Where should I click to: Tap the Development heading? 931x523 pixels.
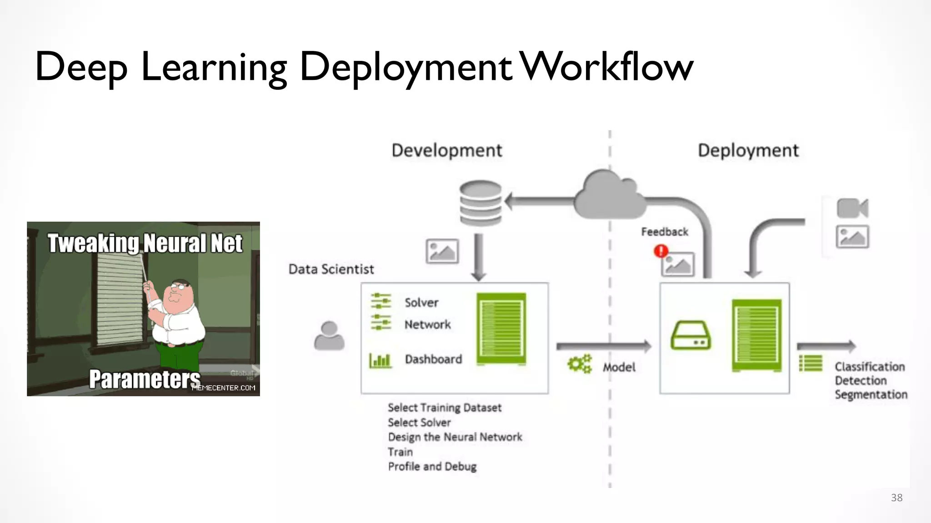click(446, 150)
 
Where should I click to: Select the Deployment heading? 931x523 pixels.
click(748, 150)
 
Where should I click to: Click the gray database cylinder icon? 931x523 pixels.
click(481, 203)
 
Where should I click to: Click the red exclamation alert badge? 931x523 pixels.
click(661, 251)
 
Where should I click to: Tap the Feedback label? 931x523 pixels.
click(664, 232)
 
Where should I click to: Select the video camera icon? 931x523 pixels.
click(852, 208)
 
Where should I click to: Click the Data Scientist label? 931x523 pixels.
click(331, 269)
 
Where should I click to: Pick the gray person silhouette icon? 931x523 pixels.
click(329, 336)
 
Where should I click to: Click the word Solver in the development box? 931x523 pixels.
click(421, 302)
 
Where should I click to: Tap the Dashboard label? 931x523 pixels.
click(433, 359)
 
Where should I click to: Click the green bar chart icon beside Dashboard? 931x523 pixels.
click(380, 360)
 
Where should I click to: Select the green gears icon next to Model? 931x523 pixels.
click(580, 364)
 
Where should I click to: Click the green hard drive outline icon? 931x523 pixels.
click(690, 336)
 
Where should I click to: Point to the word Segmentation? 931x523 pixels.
click(871, 395)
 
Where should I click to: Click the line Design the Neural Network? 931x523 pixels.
click(455, 437)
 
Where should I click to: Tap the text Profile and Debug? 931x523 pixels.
click(432, 466)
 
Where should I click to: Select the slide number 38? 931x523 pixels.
click(896, 498)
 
